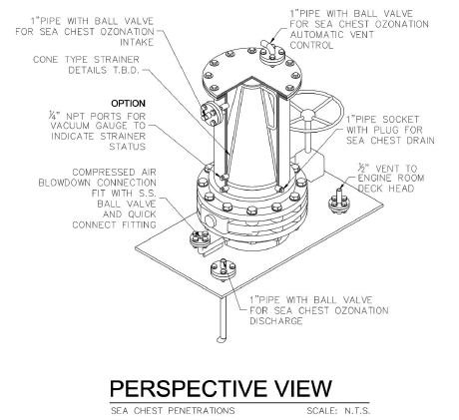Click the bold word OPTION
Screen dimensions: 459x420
coord(128,104)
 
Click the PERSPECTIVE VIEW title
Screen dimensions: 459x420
coord(221,388)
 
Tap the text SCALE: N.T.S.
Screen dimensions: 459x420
coord(338,411)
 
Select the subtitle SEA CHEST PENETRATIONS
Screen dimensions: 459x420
coord(173,411)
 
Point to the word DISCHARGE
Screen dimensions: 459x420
coord(276,321)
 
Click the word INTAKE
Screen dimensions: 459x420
coord(137,42)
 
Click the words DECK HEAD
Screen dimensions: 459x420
coord(386,189)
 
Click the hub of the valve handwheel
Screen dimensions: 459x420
coord(307,115)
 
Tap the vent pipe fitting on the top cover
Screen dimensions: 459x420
coord(271,53)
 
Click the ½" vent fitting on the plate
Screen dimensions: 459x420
coord(339,202)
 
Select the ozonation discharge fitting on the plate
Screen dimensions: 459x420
coord(224,269)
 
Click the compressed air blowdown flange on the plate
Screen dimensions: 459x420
coord(200,239)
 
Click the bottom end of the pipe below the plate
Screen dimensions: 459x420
coord(222,339)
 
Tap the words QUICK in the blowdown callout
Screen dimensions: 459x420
coord(142,214)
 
